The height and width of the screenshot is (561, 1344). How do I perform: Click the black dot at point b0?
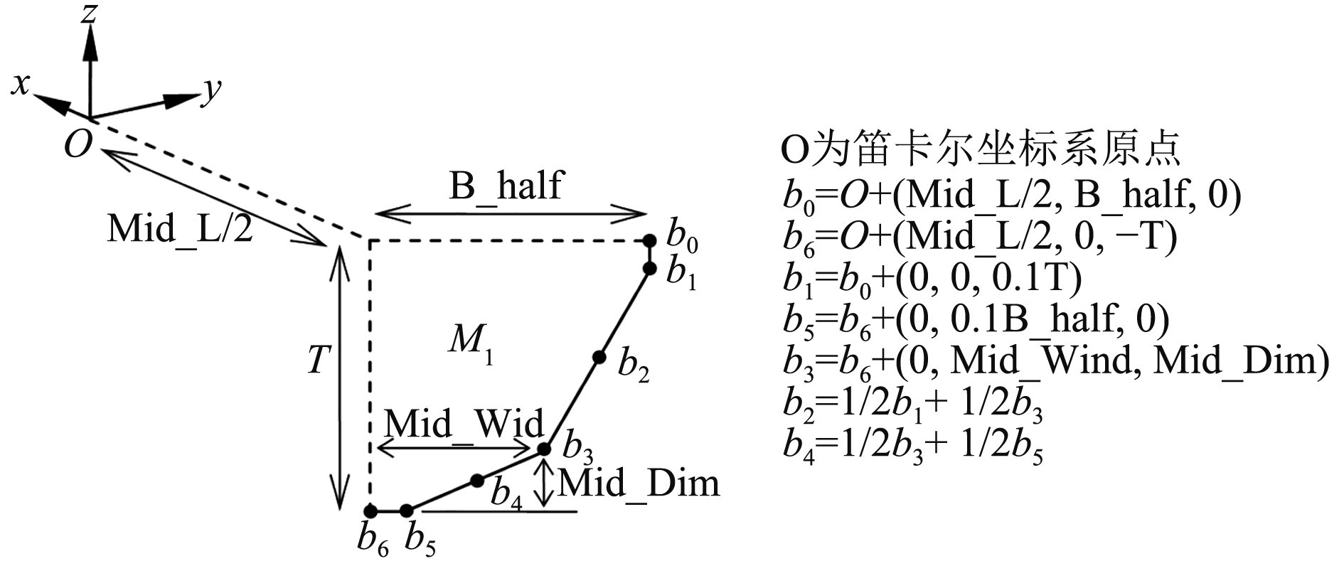pyautogui.click(x=649, y=241)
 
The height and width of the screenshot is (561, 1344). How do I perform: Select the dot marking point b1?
pyautogui.click(x=649, y=268)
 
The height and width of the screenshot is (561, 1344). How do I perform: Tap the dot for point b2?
pyautogui.click(x=599, y=357)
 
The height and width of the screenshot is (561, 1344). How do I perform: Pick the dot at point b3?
pyautogui.click(x=544, y=449)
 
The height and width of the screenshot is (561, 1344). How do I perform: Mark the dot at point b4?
pyautogui.click(x=477, y=481)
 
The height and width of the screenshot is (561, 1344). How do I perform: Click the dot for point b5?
pyautogui.click(x=407, y=511)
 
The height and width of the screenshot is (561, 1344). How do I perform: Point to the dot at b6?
pyautogui.click(x=370, y=511)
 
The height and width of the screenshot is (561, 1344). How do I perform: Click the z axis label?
pyautogui.click(x=88, y=12)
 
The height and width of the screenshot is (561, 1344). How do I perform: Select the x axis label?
pyautogui.click(x=21, y=85)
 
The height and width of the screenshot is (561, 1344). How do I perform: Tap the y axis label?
pyautogui.click(x=211, y=90)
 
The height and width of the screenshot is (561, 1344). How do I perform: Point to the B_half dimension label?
pyautogui.click(x=505, y=186)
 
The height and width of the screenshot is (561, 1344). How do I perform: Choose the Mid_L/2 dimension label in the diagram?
pyautogui.click(x=180, y=229)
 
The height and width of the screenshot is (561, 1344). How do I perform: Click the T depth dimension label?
pyautogui.click(x=318, y=360)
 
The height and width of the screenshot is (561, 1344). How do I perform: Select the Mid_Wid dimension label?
pyautogui.click(x=464, y=424)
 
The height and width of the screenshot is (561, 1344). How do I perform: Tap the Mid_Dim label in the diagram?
pyautogui.click(x=639, y=483)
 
